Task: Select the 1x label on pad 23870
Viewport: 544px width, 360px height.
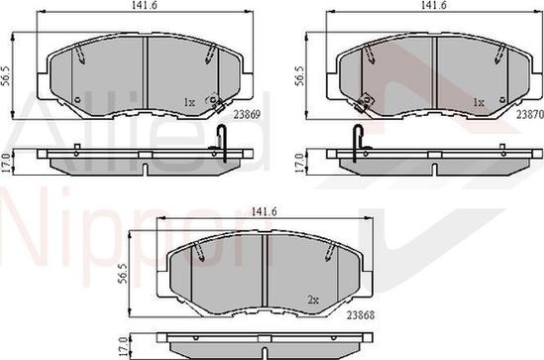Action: [479, 102]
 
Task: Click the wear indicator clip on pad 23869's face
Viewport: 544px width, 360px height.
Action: [211, 100]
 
